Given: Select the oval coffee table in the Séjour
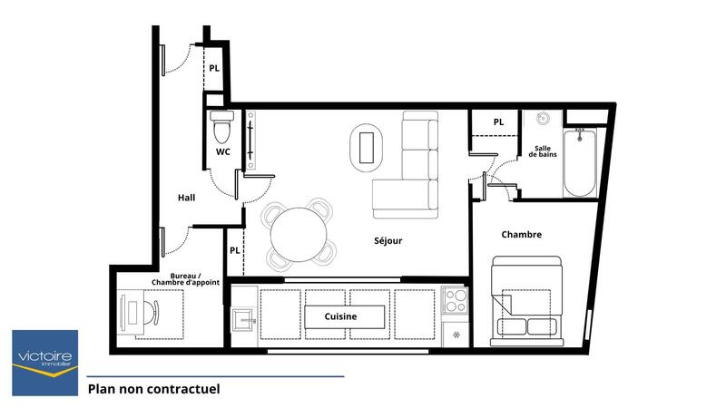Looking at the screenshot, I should click(368, 146).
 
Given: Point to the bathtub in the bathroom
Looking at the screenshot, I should click(580, 163).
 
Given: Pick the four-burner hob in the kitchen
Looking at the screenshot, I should click(455, 300).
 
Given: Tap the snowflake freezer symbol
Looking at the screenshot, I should click(456, 332).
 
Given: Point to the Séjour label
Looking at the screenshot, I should click(388, 241).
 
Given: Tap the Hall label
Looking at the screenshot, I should click(187, 198).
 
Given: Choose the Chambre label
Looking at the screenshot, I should click(521, 235).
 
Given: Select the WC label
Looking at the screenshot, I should click(222, 151).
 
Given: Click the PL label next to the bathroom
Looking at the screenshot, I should click(498, 122).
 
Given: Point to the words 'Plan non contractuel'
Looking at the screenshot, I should click(153, 390).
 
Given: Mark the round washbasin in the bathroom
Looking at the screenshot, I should click(543, 119).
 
